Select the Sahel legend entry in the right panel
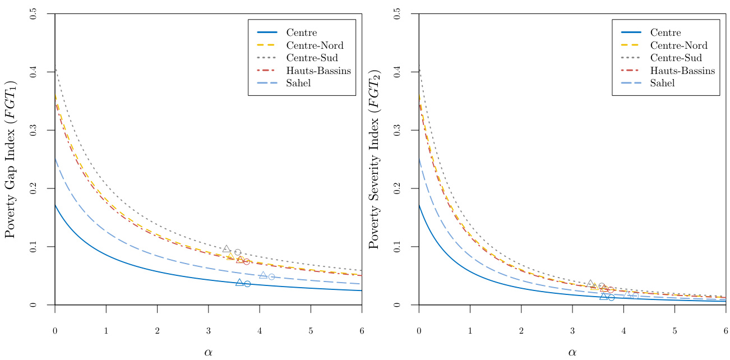pos(662,83)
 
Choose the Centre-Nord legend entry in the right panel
pos(678,45)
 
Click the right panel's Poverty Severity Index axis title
pos(375,159)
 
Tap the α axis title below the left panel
pos(208,352)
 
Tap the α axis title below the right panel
pos(572,352)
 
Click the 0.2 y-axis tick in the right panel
pos(397,188)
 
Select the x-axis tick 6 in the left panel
pos(362,330)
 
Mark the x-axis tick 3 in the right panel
pos(572,330)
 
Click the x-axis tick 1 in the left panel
pos(106,330)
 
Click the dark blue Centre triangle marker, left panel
pos(239,283)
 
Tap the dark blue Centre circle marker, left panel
pos(247,284)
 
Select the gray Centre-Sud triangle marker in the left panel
pos(227,249)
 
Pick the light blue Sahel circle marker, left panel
pos(271,276)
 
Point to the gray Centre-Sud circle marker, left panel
pos(238,252)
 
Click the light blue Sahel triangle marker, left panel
pos(263,275)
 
